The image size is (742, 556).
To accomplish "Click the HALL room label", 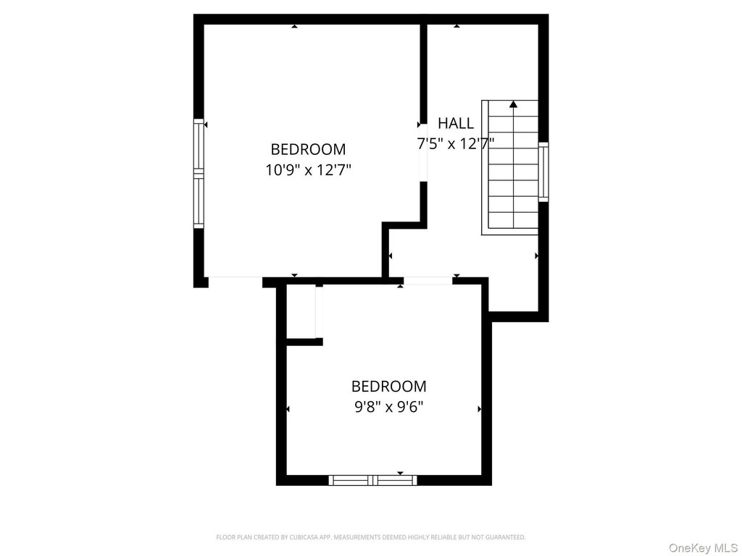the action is (455, 123).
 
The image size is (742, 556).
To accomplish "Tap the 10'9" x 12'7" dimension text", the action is (308, 169).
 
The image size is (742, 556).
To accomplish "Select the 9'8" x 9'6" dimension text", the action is (388, 407).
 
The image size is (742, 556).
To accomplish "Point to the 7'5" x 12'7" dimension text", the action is (455, 143).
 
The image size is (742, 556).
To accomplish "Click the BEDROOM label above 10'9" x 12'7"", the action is (308, 149).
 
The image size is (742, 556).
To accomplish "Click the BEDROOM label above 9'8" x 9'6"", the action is (388, 387).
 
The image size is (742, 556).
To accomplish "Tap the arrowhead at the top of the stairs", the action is (514, 104).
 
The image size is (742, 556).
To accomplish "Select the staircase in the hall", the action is (510, 167).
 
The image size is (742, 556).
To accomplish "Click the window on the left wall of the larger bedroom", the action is (199, 174).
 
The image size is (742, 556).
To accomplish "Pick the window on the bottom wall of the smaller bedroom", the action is (373, 481).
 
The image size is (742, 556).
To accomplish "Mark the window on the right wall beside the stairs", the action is (543, 172).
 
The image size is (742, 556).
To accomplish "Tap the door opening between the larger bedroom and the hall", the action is (423, 153).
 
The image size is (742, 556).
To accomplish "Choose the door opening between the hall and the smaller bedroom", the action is (428, 281).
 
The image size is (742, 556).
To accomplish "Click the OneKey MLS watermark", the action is (704, 548).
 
